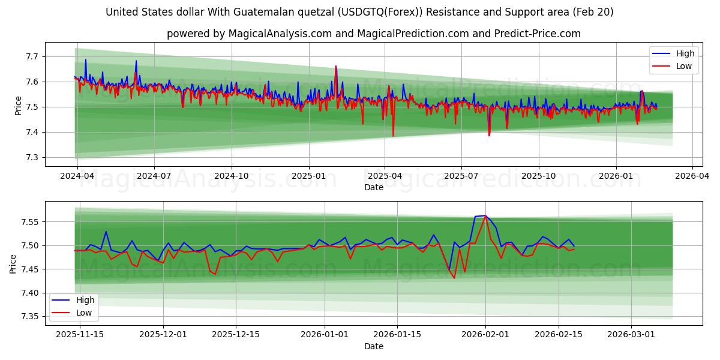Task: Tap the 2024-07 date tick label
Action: (x=154, y=176)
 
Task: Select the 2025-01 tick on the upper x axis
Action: (x=309, y=176)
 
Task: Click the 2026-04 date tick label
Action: (x=692, y=176)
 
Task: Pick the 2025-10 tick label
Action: (x=539, y=176)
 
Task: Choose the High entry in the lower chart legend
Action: (x=80, y=299)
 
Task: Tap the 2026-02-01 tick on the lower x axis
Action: (x=485, y=335)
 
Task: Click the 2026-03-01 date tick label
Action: (x=631, y=335)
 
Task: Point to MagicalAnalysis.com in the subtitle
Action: (x=280, y=34)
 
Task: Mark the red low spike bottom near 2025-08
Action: (x=489, y=136)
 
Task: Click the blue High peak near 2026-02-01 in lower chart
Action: (x=485, y=215)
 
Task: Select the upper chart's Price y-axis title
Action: (x=18, y=106)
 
